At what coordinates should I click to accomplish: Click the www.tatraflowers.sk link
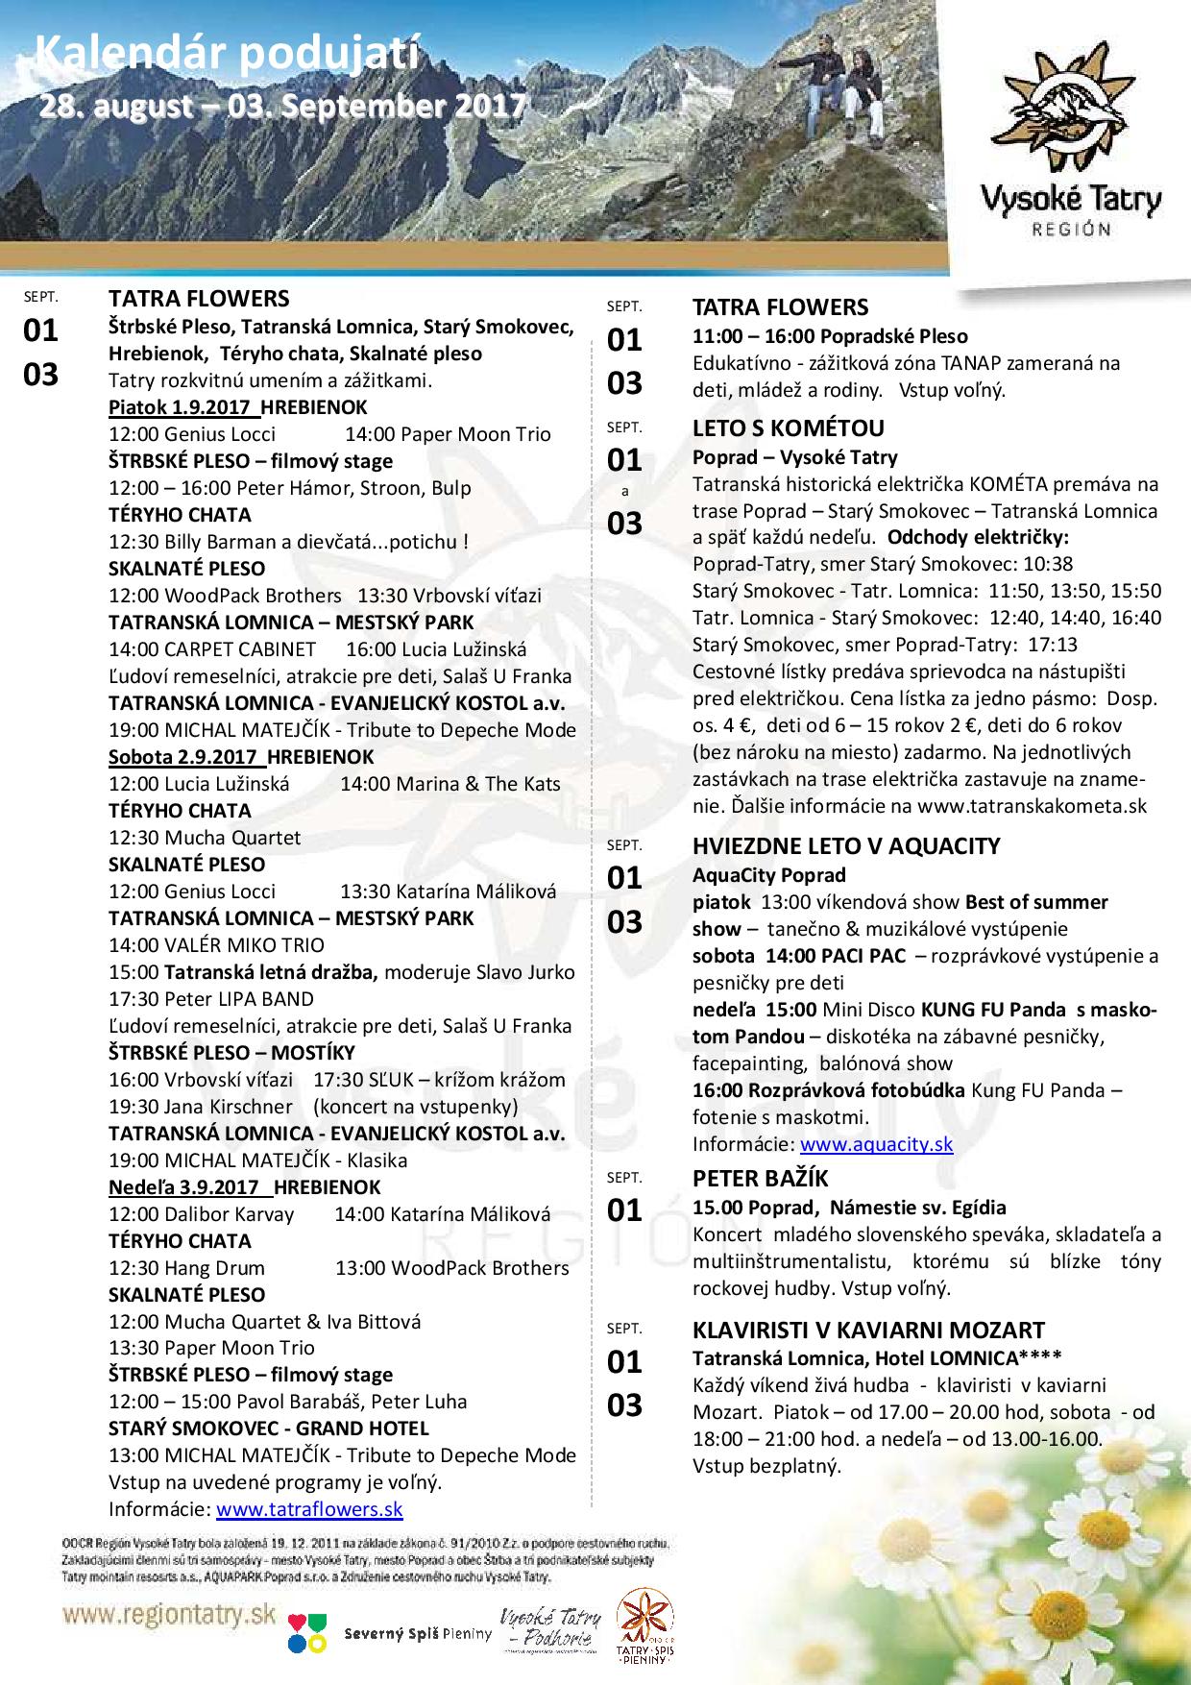pos(309,1509)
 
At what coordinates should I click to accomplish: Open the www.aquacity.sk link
pos(876,1144)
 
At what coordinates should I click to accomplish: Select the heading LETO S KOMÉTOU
pos(789,428)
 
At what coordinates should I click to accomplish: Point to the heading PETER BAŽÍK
pos(760,1178)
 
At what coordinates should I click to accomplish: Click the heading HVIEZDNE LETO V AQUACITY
pos(846,846)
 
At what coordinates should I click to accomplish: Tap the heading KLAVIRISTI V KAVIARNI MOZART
pos(868,1330)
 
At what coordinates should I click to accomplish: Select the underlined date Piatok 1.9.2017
pos(183,407)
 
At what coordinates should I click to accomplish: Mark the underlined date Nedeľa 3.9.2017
pos(190,1187)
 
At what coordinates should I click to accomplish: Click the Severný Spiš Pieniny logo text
pos(417,1634)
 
